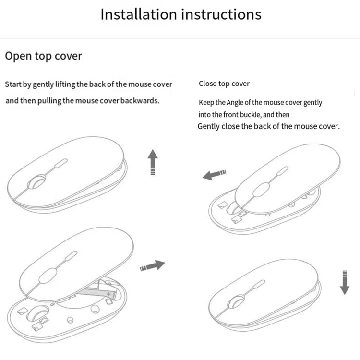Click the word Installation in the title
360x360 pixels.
[138, 14]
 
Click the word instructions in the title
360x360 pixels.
[221, 14]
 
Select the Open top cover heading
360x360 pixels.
[43, 56]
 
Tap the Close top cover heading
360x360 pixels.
[224, 84]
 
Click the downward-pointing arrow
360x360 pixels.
[344, 282]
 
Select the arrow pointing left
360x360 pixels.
[214, 174]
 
